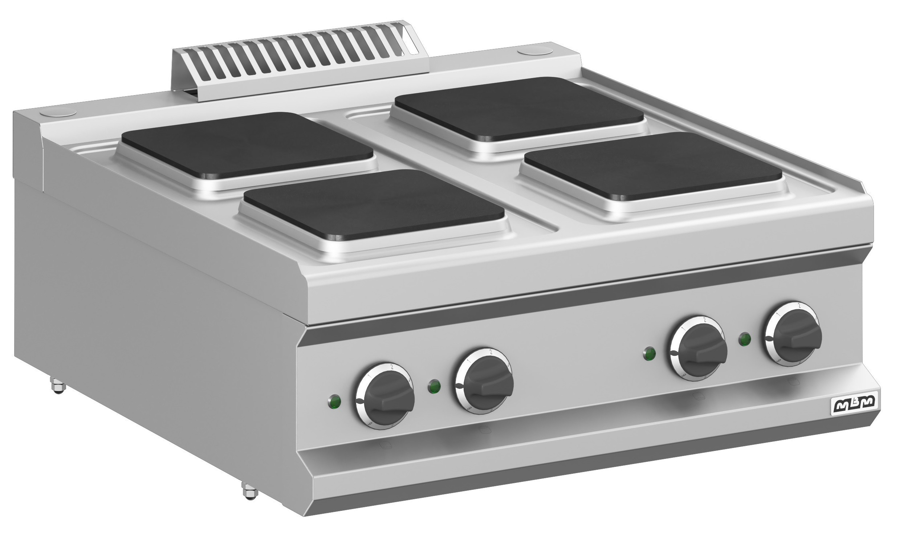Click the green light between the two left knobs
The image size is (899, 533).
click(434, 387)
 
